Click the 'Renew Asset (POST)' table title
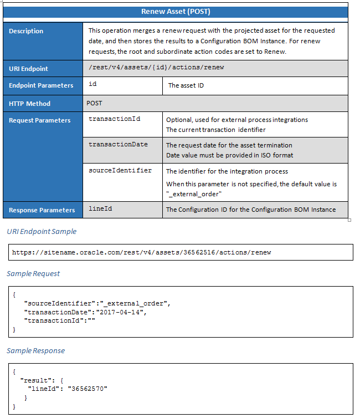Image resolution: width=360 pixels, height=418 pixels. (x=176, y=11)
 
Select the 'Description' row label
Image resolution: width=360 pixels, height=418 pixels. (x=26, y=31)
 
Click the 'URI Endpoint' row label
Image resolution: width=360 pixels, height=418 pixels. (x=28, y=69)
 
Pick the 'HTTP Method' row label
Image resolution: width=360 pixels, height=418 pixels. (x=29, y=104)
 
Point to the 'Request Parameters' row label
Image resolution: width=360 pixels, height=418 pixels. (x=39, y=120)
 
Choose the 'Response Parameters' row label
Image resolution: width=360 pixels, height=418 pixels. (x=42, y=210)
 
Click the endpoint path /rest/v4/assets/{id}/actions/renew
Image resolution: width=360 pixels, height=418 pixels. (x=156, y=68)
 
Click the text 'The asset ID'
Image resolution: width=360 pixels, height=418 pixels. (x=186, y=85)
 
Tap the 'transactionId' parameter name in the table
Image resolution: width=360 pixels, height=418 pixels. (x=111, y=119)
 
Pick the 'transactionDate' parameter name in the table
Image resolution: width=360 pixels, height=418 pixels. (x=118, y=144)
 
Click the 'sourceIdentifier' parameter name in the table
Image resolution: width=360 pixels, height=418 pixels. (x=120, y=170)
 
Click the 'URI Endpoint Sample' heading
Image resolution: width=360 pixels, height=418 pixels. (x=42, y=231)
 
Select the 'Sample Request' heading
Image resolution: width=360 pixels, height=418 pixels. (x=33, y=273)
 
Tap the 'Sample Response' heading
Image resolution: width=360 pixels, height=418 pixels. (x=35, y=350)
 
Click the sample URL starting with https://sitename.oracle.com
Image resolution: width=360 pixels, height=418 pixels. (x=142, y=252)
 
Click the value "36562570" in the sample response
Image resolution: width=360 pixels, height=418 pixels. (x=88, y=389)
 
